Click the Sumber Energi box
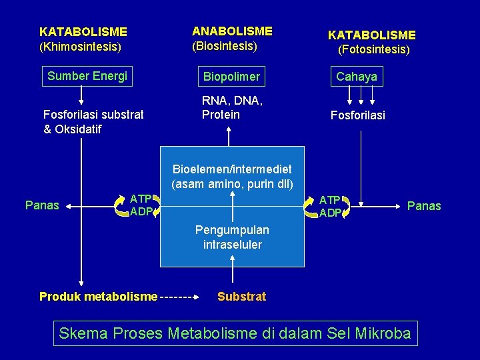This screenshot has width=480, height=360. [87, 76]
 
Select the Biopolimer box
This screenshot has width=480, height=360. [232, 77]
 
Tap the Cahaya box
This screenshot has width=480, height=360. [357, 77]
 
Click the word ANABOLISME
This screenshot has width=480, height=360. [232, 31]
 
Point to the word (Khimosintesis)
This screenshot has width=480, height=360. [81, 47]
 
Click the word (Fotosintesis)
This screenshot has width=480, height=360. [374, 49]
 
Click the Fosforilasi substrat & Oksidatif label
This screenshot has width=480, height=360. [93, 121]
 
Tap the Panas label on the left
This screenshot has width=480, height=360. [41, 205]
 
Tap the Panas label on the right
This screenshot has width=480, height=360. [424, 206]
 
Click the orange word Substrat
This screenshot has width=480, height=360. [241, 297]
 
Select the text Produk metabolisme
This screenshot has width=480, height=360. [99, 297]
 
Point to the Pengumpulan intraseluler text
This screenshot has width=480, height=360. [232, 237]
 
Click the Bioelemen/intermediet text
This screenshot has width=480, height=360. [232, 169]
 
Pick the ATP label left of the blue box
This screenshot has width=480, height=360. [141, 199]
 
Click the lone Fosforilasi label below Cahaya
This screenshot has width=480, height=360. [358, 115]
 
